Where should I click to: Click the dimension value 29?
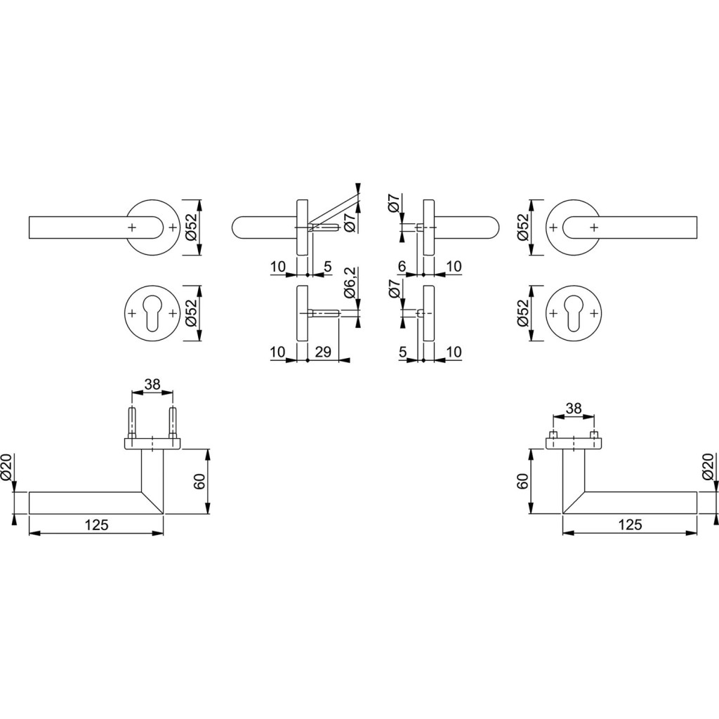pyautogui.click(x=323, y=352)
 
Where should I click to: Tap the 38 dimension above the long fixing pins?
pyautogui.click(x=152, y=384)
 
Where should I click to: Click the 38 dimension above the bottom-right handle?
pyautogui.click(x=574, y=408)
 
